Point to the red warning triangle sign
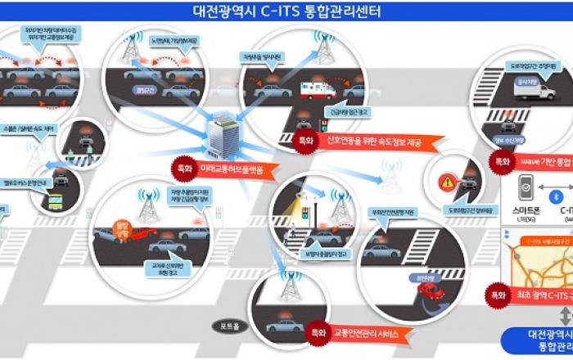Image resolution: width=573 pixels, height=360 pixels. click(x=448, y=182)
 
